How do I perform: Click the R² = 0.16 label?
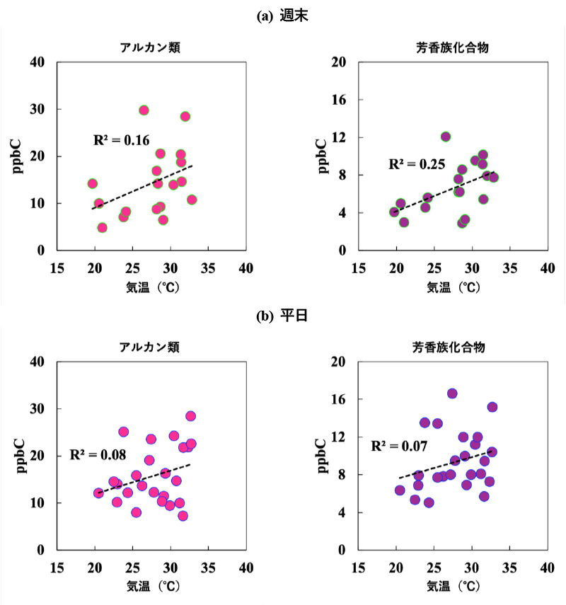point(121,140)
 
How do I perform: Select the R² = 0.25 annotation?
point(417,165)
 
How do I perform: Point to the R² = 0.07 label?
point(399,446)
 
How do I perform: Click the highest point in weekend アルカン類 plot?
point(144,110)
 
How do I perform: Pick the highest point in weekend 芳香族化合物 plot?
point(446,137)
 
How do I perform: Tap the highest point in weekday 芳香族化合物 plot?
point(452,393)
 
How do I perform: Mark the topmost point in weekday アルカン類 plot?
point(190,416)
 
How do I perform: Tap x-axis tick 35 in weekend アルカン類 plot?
point(207,268)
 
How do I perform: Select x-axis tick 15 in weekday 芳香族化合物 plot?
point(359,567)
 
